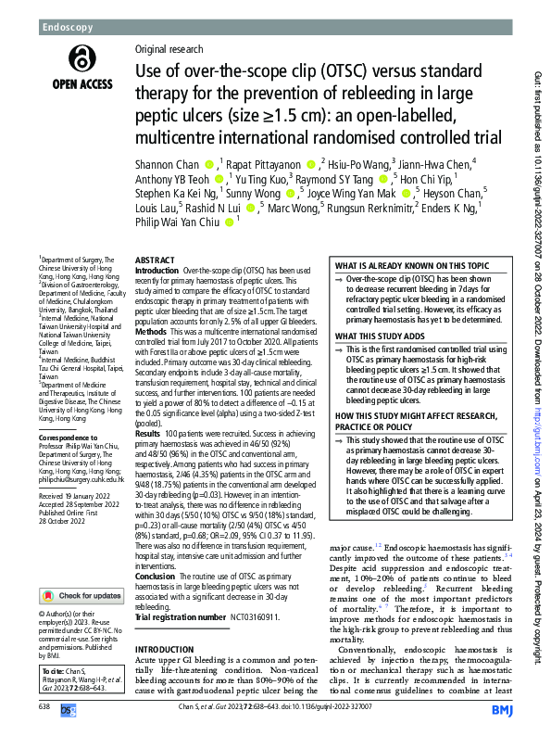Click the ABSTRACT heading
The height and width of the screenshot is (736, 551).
pyautogui.click(x=156, y=262)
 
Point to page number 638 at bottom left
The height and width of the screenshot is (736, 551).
pyautogui.click(x=45, y=707)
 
